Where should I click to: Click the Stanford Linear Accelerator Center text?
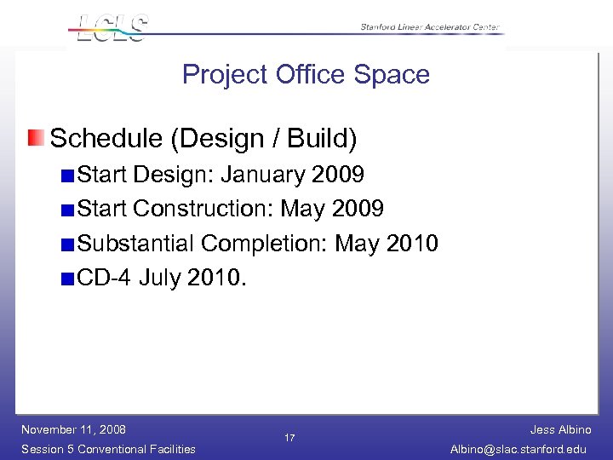[x=430, y=27]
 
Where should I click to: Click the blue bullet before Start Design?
[x=67, y=176]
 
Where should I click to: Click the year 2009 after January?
[x=338, y=175]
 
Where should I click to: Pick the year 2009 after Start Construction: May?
[x=358, y=209]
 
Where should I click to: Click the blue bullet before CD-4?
[x=67, y=279]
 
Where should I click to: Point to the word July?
[x=159, y=278]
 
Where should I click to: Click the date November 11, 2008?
[x=73, y=429]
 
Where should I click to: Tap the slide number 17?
[x=289, y=438]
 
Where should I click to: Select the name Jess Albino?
[x=560, y=430]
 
